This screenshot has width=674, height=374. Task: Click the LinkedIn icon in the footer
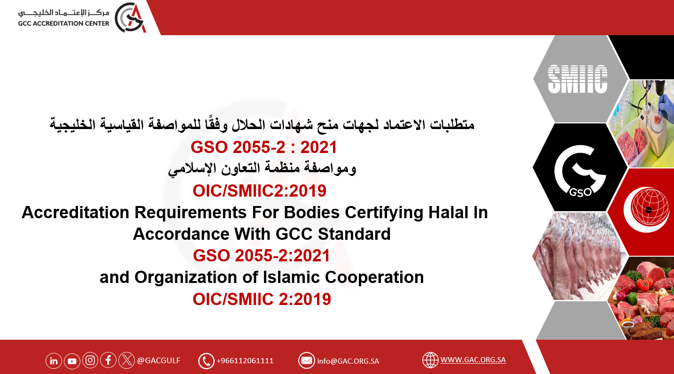[x=54, y=361]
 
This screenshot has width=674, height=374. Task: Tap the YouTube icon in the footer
[x=72, y=361]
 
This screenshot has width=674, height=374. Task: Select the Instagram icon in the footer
[x=90, y=360]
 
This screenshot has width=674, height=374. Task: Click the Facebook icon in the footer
[x=108, y=360]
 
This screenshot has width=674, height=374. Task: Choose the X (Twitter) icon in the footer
[x=127, y=360]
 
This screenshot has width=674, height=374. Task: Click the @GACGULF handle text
[x=159, y=360]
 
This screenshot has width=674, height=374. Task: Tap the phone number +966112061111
[x=245, y=360]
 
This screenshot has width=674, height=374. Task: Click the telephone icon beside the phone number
[x=206, y=361]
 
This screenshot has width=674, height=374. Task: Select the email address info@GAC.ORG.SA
[x=348, y=361]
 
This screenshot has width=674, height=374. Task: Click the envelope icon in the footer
[x=307, y=360]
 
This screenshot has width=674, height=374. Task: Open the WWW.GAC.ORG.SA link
[x=473, y=359]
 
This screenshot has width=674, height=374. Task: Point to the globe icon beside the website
[x=430, y=360]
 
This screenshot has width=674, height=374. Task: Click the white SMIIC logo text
[x=578, y=79]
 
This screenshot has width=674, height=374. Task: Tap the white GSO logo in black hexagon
[x=580, y=171]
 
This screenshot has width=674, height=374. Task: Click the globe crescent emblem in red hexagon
[x=647, y=210]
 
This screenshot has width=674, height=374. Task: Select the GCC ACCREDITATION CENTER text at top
[x=63, y=23]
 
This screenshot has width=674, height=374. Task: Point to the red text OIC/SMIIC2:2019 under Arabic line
[x=259, y=191]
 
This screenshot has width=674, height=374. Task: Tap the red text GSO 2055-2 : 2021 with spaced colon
[x=263, y=147]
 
